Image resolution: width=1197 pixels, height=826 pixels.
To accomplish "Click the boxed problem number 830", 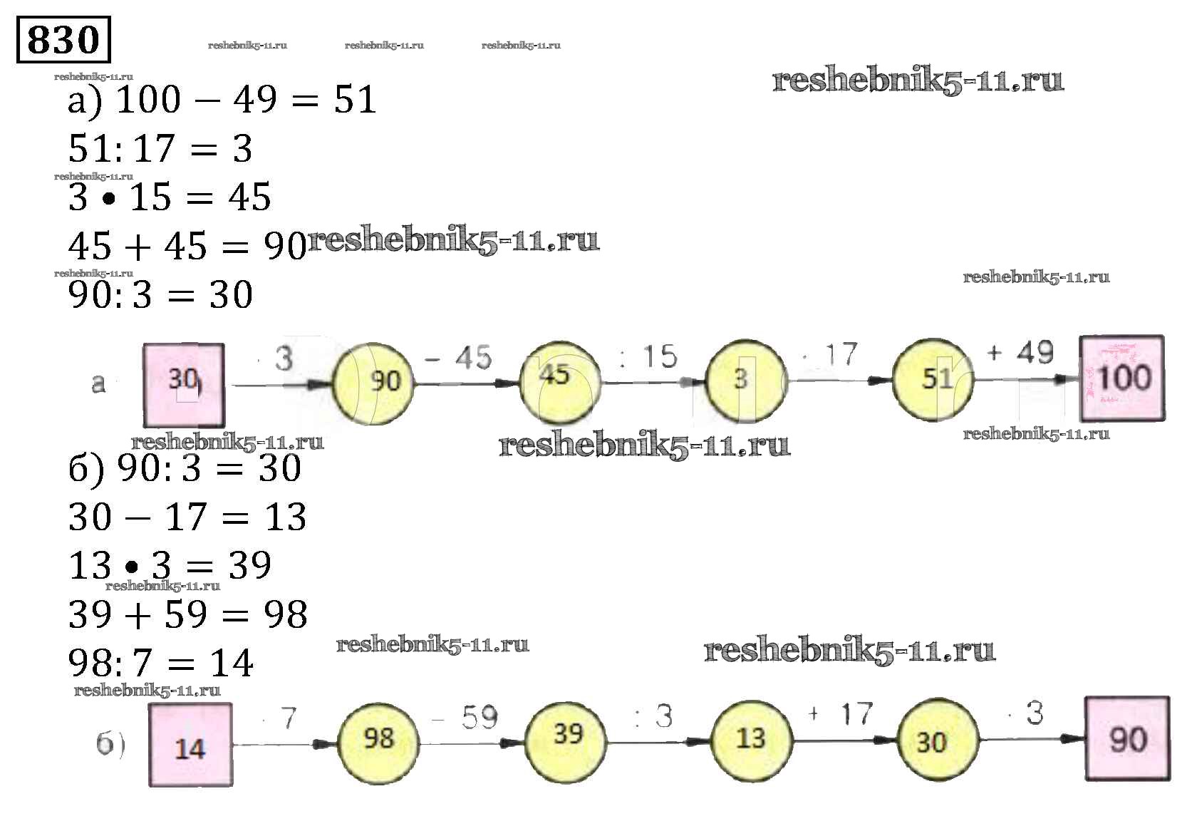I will (x=63, y=39).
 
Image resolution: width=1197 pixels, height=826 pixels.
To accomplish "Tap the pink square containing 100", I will (x=1122, y=378).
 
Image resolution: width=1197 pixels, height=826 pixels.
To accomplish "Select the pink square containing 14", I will (x=190, y=745).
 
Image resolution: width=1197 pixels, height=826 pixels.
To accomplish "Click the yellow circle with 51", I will (x=934, y=378).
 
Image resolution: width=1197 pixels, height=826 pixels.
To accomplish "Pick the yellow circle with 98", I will (x=378, y=739).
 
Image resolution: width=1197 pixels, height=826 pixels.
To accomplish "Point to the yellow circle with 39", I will (x=566, y=735).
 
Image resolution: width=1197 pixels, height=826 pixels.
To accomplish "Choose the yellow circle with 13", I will (x=751, y=739).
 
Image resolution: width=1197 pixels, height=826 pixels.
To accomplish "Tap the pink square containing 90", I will (x=1127, y=739).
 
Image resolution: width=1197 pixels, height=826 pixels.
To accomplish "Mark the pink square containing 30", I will (x=184, y=385).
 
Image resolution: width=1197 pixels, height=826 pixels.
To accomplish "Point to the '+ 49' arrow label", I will (x=1020, y=353).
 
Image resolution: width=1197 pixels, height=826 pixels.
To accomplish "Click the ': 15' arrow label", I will (x=648, y=357).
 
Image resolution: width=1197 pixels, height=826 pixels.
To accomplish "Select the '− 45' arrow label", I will (x=458, y=357).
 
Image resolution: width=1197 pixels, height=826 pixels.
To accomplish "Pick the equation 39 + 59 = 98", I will (x=188, y=614).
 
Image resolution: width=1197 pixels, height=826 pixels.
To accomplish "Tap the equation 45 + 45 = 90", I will (x=187, y=247).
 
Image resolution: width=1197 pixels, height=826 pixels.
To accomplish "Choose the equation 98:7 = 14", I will (x=161, y=663).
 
